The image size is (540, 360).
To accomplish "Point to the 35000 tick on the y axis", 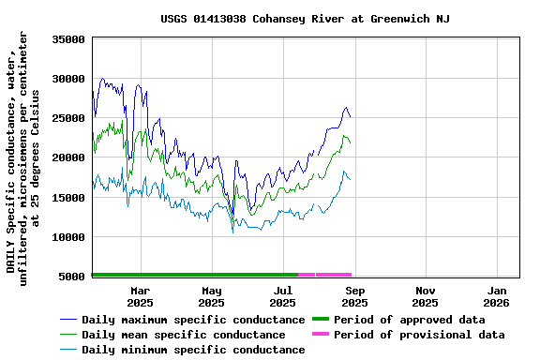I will pos(68,39).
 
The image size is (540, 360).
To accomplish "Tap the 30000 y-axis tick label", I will pos(68,79).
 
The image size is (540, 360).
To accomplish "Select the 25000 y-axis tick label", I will pos(68,118).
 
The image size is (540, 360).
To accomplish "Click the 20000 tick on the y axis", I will pos(68,157).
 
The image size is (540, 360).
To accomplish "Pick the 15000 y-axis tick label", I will pos(68,197).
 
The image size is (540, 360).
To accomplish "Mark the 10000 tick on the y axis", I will pos(68,236).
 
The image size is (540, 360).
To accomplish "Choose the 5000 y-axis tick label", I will pos(72,276).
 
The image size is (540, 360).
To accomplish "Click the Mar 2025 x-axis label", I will pos(140,296).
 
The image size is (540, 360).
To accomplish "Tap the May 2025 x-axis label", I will pos(211,296).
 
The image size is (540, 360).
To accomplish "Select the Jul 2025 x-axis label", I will pos(282,296).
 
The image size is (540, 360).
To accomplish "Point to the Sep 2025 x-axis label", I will pos(354,296).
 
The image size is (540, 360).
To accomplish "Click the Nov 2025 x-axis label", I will pos(425,296).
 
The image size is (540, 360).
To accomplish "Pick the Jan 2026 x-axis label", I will pos(496,296).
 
